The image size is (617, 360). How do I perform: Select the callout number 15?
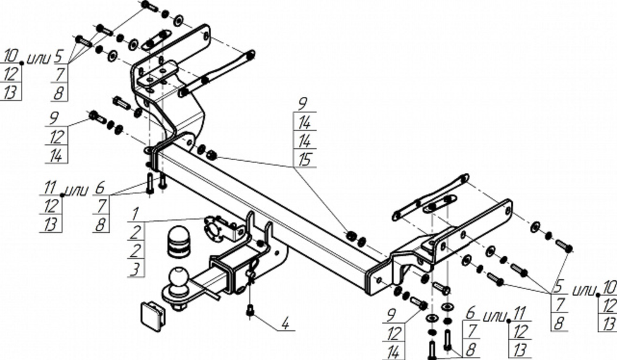click(304, 159)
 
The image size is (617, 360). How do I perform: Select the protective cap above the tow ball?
click(178, 243)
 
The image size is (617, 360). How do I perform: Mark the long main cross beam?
click(265, 210)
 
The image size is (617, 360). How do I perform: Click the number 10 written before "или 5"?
click(11, 57)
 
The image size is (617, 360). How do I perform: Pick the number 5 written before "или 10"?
click(558, 287)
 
